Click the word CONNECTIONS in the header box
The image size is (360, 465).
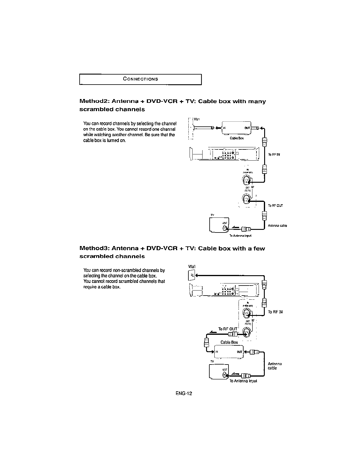[141, 79]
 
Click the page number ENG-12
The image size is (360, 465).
[184, 393]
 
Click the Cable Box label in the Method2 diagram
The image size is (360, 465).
[236, 138]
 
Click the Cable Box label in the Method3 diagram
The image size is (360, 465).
[229, 342]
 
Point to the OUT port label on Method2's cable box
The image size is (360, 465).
[247, 128]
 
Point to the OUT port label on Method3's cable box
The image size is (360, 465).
[239, 352]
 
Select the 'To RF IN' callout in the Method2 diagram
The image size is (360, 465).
[274, 154]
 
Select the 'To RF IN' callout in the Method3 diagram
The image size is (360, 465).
[275, 312]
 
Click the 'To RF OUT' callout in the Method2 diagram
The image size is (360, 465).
[275, 205]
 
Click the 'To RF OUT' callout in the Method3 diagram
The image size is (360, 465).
[227, 329]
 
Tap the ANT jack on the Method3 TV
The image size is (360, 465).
[225, 375]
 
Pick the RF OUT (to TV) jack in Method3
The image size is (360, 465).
[246, 333]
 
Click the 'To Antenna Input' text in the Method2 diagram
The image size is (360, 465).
[240, 236]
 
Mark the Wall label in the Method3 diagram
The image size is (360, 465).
[192, 267]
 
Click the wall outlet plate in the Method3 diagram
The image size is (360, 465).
[191, 276]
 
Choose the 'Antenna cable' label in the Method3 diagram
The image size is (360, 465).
[275, 366]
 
